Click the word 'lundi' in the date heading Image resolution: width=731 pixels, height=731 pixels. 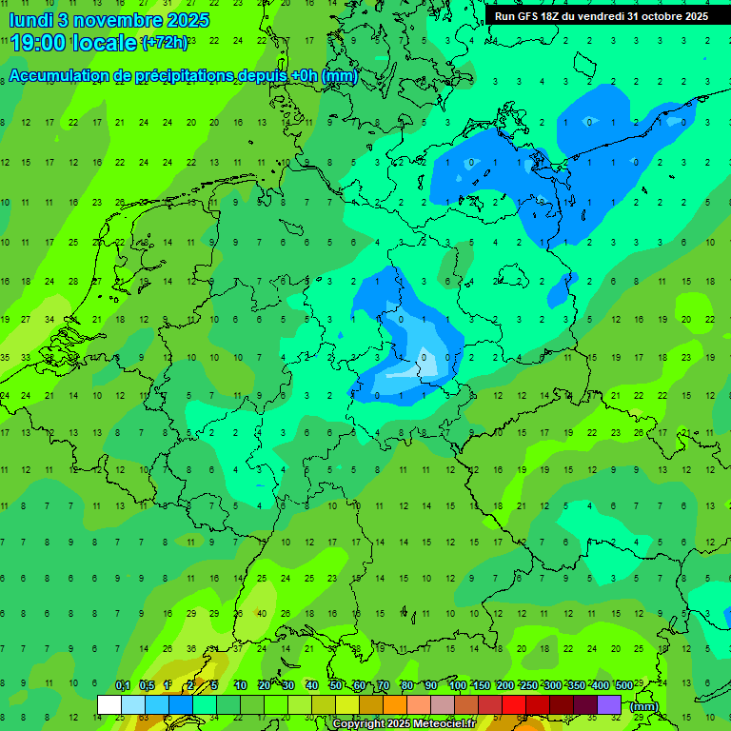(x=30, y=19)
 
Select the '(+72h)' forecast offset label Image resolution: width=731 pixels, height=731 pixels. (x=165, y=43)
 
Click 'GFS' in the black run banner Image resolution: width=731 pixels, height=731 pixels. (x=525, y=16)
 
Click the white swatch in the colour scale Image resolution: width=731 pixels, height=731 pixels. (x=109, y=704)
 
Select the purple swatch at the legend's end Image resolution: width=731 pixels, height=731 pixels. (x=609, y=704)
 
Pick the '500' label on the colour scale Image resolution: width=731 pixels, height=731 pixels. (x=623, y=685)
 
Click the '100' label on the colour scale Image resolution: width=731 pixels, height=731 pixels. (x=457, y=685)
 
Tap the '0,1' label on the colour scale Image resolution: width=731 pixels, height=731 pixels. (x=123, y=685)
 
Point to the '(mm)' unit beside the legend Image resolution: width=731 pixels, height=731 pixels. (x=644, y=706)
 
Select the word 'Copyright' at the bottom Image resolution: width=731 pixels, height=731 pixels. (x=360, y=724)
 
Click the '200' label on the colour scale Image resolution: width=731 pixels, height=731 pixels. (x=504, y=685)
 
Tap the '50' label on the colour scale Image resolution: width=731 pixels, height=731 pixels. (x=336, y=685)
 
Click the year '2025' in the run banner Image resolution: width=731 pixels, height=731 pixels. (x=696, y=16)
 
